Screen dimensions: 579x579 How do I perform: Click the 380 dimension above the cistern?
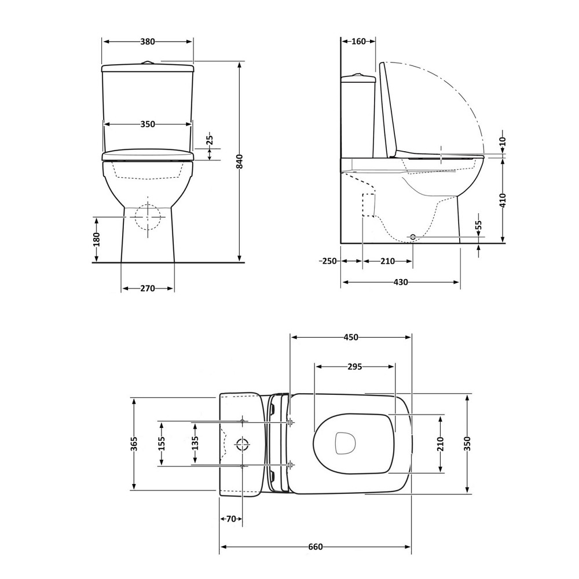coord(148,41)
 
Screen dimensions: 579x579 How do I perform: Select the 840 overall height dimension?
coord(239,162)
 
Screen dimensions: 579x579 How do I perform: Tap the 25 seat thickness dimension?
coord(210,140)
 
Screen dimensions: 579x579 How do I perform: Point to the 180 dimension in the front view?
coord(97,239)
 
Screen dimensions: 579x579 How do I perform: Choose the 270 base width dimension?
coord(148,288)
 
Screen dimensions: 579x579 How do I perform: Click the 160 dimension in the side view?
coord(358,41)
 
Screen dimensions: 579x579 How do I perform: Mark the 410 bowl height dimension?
coord(503,200)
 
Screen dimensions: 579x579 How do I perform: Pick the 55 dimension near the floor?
coord(479,226)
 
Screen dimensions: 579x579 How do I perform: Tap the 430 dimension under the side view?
coord(401,283)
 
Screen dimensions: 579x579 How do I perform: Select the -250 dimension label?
coord(328,261)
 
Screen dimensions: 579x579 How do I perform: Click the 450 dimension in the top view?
coord(351,337)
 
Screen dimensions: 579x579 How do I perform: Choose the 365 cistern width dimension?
coord(134,444)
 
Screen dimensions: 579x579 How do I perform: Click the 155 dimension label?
coord(162,444)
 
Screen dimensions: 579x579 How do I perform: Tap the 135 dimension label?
coord(195,444)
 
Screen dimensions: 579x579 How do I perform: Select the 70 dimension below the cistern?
coord(230,519)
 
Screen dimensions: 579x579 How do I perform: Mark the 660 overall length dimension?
coord(315,547)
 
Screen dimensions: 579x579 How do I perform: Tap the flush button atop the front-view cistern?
coord(148,63)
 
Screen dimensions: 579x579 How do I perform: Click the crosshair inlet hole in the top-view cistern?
coord(243,444)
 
